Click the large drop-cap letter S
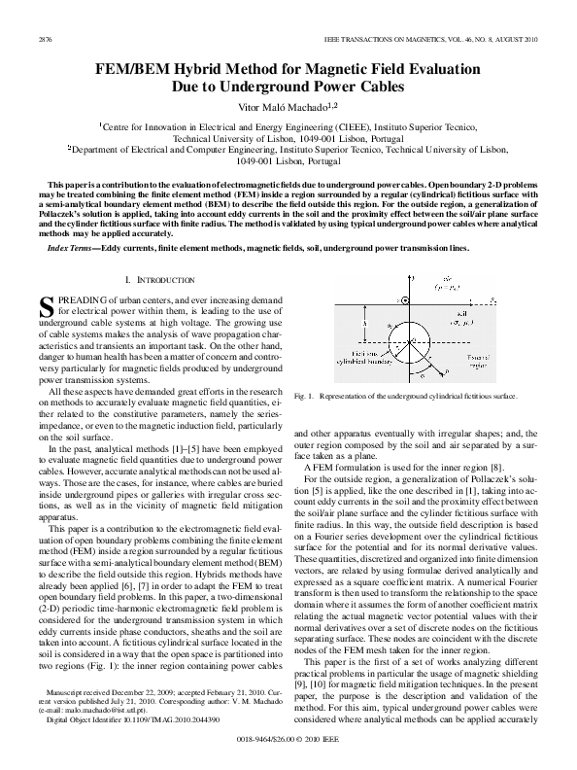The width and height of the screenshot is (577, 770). [49, 308]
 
